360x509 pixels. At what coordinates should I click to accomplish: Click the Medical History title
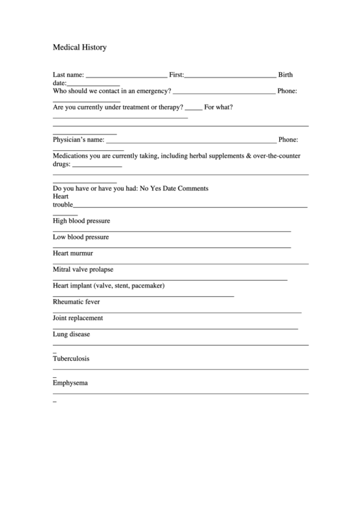click(79, 48)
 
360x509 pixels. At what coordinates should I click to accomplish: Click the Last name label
click(69, 75)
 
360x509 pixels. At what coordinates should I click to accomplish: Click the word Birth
click(286, 75)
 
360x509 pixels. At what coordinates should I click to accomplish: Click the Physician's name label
click(79, 139)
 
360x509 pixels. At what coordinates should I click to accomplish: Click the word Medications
click(72, 156)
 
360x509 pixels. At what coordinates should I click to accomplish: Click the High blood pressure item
click(82, 221)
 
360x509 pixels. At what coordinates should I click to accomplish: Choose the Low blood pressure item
click(81, 237)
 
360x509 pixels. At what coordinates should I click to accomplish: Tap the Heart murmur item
click(73, 253)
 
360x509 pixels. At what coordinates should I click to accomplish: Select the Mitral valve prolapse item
click(84, 269)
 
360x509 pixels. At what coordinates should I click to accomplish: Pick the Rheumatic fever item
click(76, 302)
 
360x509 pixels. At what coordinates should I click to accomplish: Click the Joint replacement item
click(78, 317)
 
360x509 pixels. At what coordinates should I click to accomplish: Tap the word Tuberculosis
click(71, 358)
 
